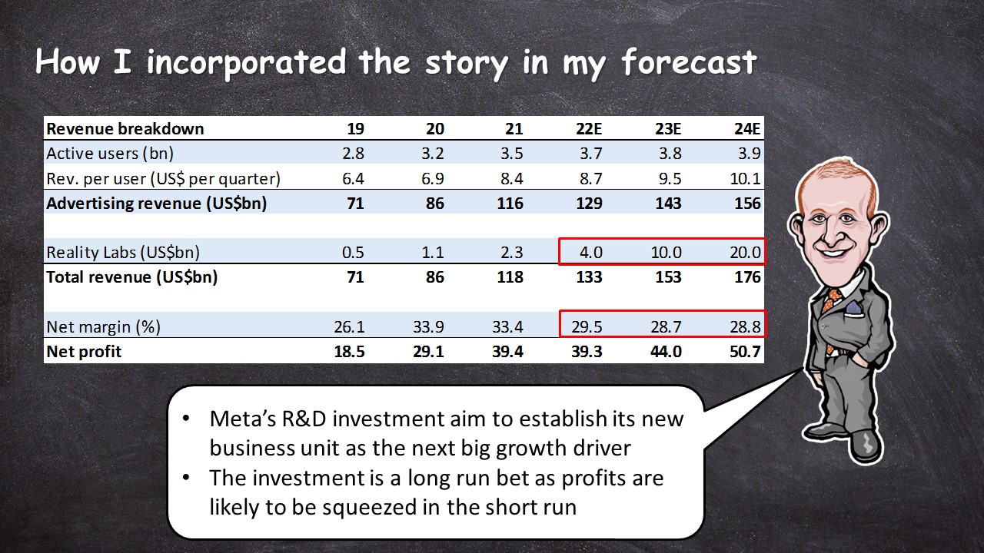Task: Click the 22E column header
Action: coord(589,128)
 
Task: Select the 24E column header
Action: coord(747,128)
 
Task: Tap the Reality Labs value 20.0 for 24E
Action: coord(745,253)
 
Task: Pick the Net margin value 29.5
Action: coord(587,327)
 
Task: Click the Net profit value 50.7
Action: coord(745,352)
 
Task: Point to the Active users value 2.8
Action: coord(353,153)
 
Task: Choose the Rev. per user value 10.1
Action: coord(746,179)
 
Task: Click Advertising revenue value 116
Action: coord(510,204)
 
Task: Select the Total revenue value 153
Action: coord(668,277)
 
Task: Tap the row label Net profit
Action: coord(84,352)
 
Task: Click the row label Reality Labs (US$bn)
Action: coord(123,253)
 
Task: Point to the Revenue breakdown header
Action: coord(125,128)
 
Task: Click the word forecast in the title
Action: coord(690,62)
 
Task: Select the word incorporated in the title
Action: coord(247,63)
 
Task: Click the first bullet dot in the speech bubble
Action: coord(186,419)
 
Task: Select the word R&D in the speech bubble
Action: coord(304,419)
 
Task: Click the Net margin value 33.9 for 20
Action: coord(428,327)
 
